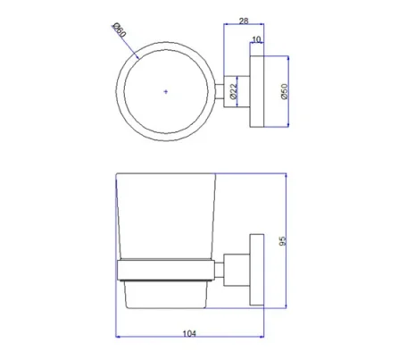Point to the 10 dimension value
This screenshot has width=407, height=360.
click(x=258, y=39)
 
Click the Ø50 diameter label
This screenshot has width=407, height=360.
click(x=284, y=92)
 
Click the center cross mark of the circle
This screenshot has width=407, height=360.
click(x=165, y=91)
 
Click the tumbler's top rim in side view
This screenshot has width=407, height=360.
click(x=167, y=175)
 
